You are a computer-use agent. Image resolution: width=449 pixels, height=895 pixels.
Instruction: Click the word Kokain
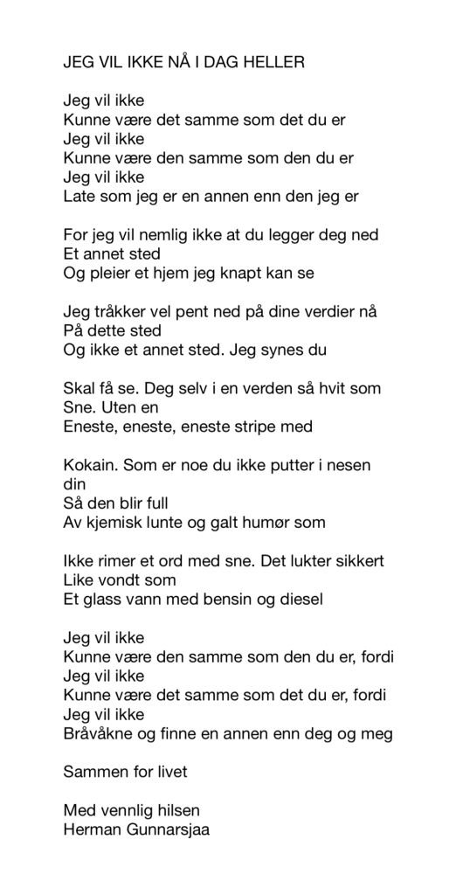point(91,466)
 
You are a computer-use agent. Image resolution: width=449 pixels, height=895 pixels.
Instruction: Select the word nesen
point(347,466)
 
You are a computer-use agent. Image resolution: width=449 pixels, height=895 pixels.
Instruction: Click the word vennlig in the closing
point(132,810)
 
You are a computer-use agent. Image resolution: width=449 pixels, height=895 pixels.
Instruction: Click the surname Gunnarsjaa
point(169,829)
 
